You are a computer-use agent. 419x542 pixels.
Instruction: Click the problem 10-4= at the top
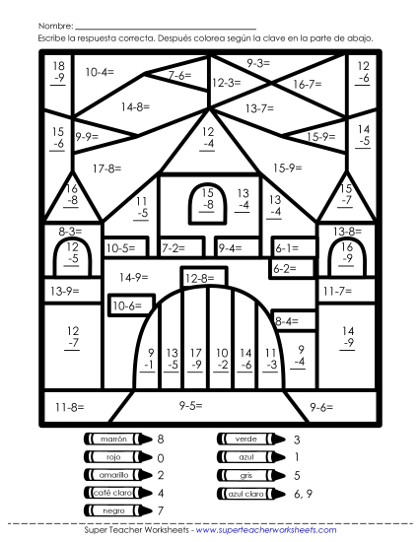[x=100, y=72]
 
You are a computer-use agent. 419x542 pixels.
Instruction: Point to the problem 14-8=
[x=136, y=106]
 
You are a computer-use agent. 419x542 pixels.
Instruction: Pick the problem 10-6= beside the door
[x=126, y=306]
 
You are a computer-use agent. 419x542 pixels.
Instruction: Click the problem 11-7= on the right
[x=337, y=291]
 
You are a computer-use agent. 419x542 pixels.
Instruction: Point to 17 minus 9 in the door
[x=196, y=358]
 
